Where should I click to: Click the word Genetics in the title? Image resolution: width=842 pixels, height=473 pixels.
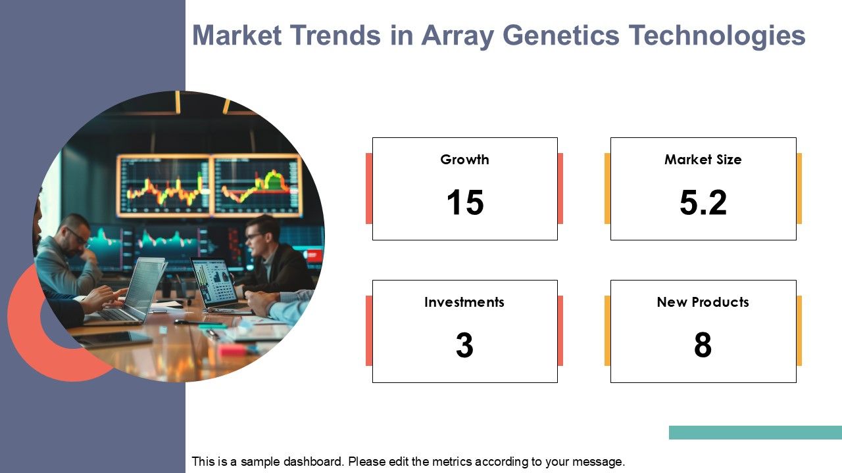(561, 35)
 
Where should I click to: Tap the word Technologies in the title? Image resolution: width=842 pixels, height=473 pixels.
(717, 36)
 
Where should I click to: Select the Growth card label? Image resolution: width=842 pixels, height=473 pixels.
(464, 160)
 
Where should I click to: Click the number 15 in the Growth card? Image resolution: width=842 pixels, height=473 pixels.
(465, 202)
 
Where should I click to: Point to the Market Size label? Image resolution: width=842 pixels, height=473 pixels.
(703, 160)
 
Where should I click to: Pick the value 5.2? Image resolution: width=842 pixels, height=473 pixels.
(703, 202)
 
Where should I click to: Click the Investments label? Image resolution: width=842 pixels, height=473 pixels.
(464, 302)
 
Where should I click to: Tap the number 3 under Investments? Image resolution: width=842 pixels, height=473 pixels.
(464, 345)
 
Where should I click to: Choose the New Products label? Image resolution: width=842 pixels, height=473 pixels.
(703, 302)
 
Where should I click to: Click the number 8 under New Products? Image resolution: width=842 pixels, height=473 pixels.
(703, 345)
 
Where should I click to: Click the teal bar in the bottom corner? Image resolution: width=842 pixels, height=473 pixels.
(755, 432)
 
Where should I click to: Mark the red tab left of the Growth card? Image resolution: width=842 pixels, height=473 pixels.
(369, 189)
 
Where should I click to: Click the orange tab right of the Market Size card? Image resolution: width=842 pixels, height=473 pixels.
(799, 189)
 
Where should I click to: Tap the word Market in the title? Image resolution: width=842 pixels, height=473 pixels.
(237, 35)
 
